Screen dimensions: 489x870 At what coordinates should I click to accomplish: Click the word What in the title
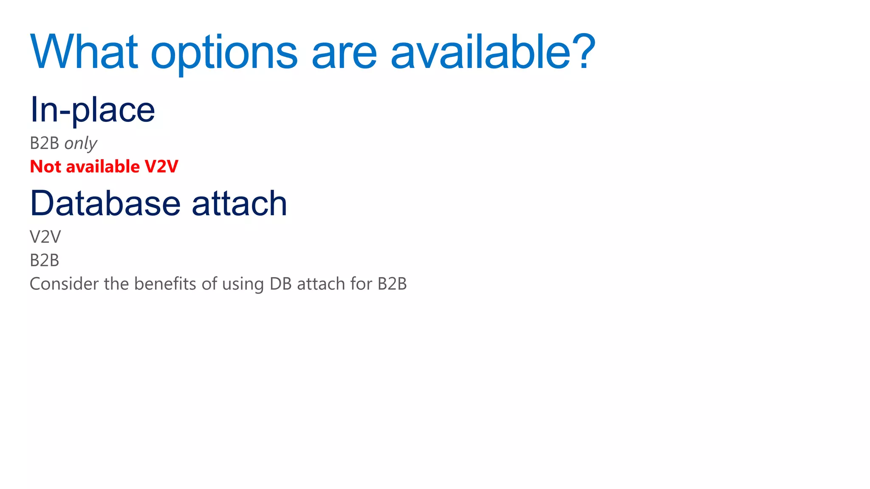tap(84, 52)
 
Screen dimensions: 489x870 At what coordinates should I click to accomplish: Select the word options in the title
tap(224, 54)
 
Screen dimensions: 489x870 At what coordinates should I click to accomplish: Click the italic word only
tap(81, 143)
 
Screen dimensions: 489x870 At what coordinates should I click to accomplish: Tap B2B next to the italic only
tap(45, 143)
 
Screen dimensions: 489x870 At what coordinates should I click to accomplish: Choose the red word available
tap(103, 166)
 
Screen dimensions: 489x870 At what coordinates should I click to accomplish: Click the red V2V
tap(161, 166)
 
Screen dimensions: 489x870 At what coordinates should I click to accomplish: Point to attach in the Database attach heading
tap(240, 203)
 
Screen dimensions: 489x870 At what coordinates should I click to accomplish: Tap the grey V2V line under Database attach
tap(45, 237)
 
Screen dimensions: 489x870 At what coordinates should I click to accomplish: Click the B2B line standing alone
tap(45, 260)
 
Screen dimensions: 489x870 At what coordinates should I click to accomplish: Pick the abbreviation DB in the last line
tap(281, 284)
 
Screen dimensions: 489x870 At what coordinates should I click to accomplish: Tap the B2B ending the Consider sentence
tap(392, 284)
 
